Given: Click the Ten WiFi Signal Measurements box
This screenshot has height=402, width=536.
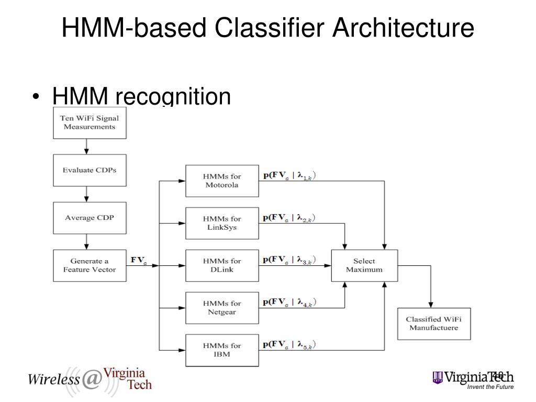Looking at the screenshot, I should tap(90, 122).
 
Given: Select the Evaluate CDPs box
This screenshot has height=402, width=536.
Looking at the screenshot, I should tap(90, 170).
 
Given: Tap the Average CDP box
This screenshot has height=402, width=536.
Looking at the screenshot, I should tap(90, 218).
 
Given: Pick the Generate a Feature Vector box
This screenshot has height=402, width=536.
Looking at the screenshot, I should tap(90, 265).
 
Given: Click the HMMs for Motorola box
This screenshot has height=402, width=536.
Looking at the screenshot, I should tap(222, 181).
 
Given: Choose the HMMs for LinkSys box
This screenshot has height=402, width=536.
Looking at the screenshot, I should tap(222, 224).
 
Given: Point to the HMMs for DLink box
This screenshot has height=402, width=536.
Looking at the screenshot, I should tap(222, 265).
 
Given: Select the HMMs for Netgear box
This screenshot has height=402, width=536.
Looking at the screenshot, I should tap(222, 308).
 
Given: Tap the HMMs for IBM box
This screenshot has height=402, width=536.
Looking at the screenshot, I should tap(222, 350).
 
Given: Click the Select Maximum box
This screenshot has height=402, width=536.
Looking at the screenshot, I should tap(364, 265).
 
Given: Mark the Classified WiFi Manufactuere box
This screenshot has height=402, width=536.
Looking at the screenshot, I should tap(434, 323).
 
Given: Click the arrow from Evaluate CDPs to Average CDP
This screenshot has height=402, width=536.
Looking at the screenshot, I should tap(87, 194).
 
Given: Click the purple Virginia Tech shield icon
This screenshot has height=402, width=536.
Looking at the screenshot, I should tap(437, 377).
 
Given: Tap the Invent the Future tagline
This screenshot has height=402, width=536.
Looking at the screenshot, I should tap(490, 387).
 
